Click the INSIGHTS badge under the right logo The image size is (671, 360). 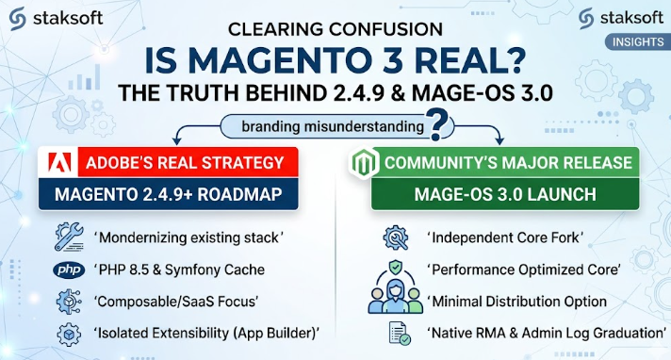pyautogui.click(x=638, y=42)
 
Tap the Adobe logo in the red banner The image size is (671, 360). pyautogui.click(x=59, y=162)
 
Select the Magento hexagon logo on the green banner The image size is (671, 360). pyautogui.click(x=364, y=163)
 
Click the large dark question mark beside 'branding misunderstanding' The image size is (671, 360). pyautogui.click(x=437, y=124)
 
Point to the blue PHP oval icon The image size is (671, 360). pyautogui.click(x=69, y=270)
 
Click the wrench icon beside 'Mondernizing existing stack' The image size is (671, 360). pyautogui.click(x=69, y=237)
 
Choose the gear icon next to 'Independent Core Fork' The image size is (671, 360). pyautogui.click(x=396, y=237)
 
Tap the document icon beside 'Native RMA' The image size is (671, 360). pyautogui.click(x=400, y=334)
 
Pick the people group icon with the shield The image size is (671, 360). pyautogui.click(x=395, y=287)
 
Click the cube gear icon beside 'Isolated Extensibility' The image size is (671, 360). pyautogui.click(x=69, y=334)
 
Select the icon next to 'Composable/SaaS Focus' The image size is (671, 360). pyautogui.click(x=69, y=302)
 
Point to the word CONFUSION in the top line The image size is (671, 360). pyautogui.click(x=385, y=29)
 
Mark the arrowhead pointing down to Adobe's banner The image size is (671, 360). pyautogui.click(x=176, y=140)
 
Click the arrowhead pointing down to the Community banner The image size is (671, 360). pyautogui.click(x=499, y=140)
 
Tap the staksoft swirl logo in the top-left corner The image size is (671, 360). pyautogui.click(x=18, y=19)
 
